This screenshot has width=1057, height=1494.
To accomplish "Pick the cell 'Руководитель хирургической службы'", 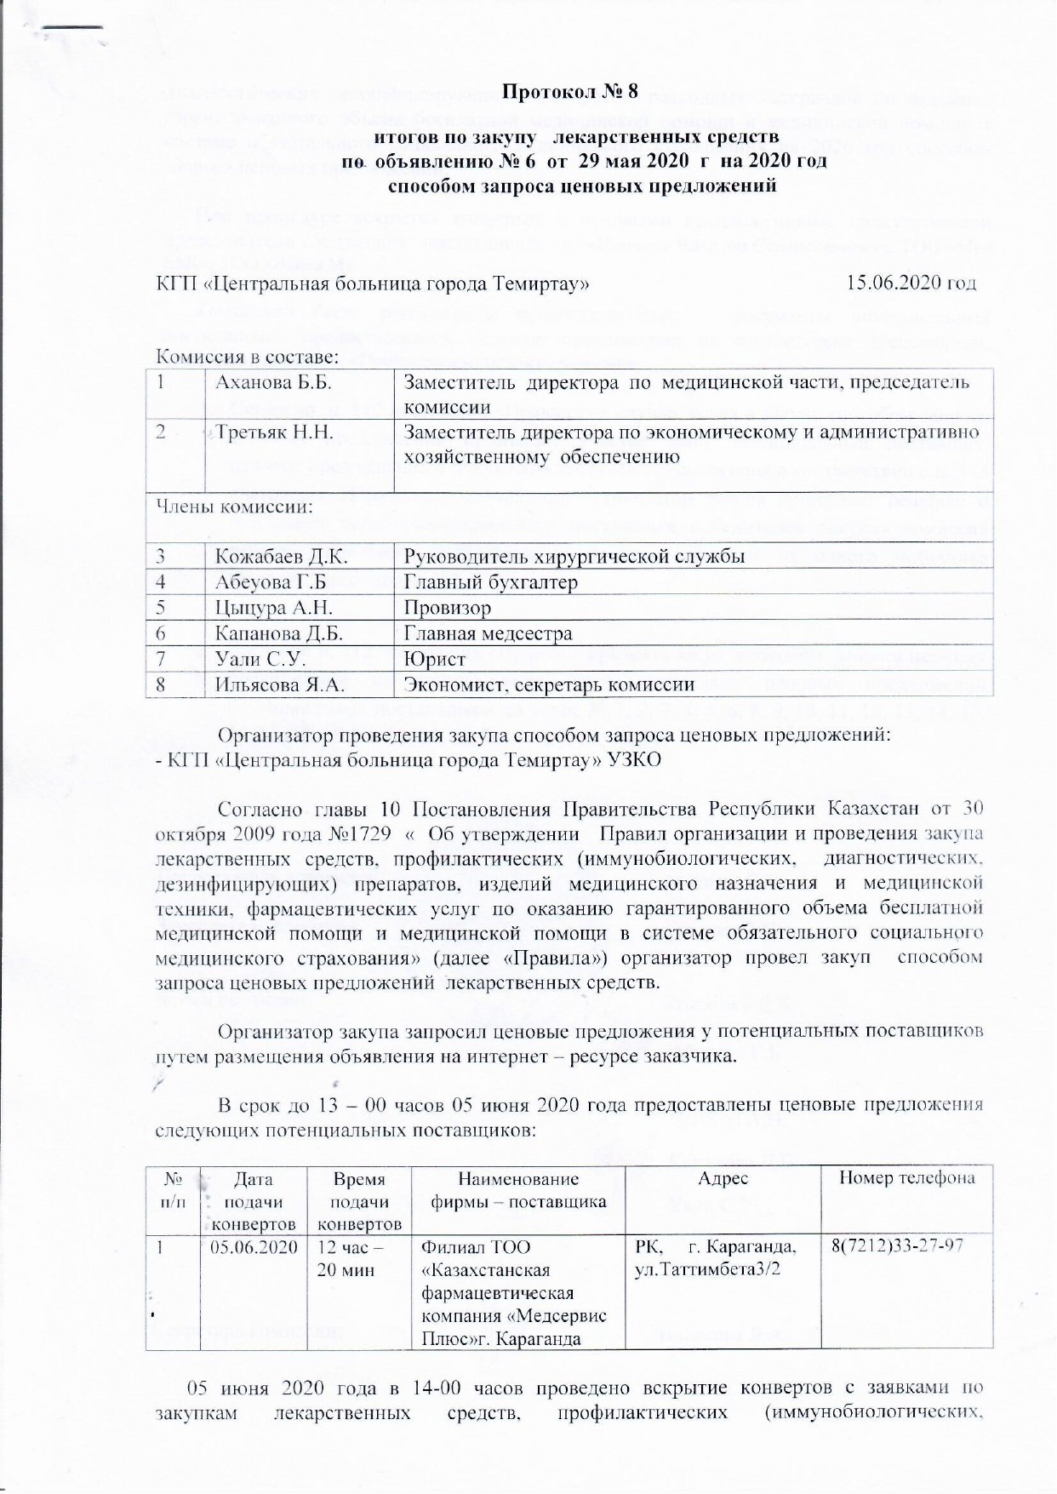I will (x=574, y=557).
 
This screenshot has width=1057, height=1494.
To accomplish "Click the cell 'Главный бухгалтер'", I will (x=491, y=582).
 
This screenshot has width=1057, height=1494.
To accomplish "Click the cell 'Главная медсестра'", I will (x=488, y=633).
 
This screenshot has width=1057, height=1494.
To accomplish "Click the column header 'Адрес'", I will (x=723, y=1178).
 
